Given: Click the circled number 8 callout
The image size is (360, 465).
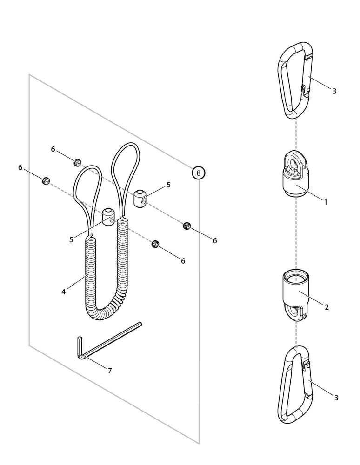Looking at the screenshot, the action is click(x=199, y=173).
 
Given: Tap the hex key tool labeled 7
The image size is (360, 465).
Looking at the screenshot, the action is click(x=110, y=340).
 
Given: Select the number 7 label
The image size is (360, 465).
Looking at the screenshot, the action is click(x=110, y=371).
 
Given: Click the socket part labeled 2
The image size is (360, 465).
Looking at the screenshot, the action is click(x=295, y=295).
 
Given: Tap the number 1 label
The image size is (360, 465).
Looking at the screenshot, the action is click(x=326, y=202).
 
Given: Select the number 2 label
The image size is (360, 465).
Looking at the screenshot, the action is click(x=327, y=307).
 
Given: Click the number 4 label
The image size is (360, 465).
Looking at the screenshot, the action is click(x=63, y=292).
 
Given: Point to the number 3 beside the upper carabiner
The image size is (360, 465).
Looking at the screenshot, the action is click(x=334, y=91).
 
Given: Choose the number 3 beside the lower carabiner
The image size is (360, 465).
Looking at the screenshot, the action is click(x=336, y=398).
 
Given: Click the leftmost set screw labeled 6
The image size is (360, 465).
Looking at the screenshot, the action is click(x=46, y=180).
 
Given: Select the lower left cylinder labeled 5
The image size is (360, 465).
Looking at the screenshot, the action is click(x=108, y=217).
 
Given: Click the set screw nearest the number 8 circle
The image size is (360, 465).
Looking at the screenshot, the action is click(x=187, y=226).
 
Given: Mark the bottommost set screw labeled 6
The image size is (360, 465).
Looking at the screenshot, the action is click(x=155, y=244).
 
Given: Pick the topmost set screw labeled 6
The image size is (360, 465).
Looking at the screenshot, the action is click(x=77, y=162).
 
